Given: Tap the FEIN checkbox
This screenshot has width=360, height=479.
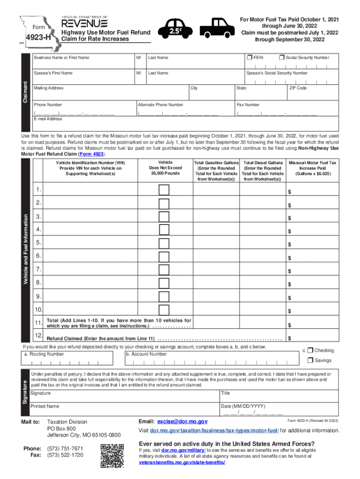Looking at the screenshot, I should point(249,58).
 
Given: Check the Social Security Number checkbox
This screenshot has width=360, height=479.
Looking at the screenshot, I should point(281,58).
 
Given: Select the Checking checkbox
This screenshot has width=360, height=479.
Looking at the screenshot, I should point(310,350).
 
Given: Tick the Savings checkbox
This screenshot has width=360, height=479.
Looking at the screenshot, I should point(310,360).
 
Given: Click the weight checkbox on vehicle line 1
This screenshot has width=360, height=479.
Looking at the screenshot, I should point(164,190).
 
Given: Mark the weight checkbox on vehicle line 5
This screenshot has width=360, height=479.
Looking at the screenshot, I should point(164,243).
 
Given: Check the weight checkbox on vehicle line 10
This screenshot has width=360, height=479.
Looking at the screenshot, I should point(164,310).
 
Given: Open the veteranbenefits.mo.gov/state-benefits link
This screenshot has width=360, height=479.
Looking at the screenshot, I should point(182,462).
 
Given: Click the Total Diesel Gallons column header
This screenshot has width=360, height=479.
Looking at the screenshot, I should point(263,171).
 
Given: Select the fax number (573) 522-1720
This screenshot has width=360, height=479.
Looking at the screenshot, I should point(65,455).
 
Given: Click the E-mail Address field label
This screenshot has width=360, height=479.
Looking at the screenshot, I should point(48,119).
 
